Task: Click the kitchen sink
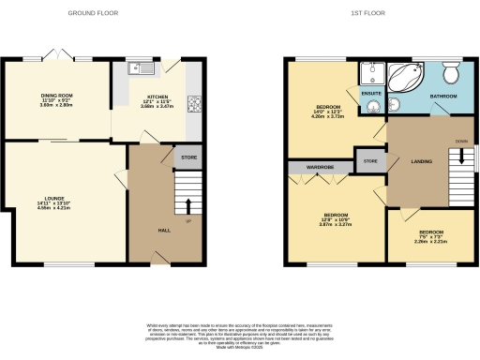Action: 142,67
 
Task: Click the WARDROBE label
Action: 311,167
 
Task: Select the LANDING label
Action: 422,162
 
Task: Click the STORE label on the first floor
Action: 370,162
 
